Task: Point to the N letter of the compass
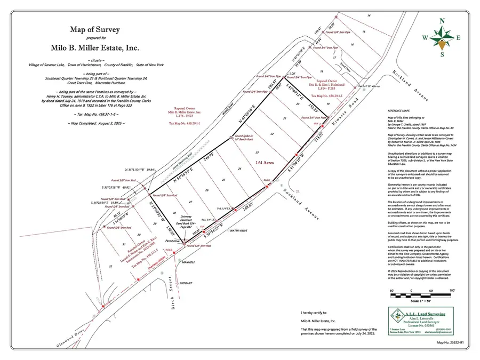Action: [442, 21]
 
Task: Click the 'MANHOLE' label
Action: [187, 263]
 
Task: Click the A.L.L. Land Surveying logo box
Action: [419, 322]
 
